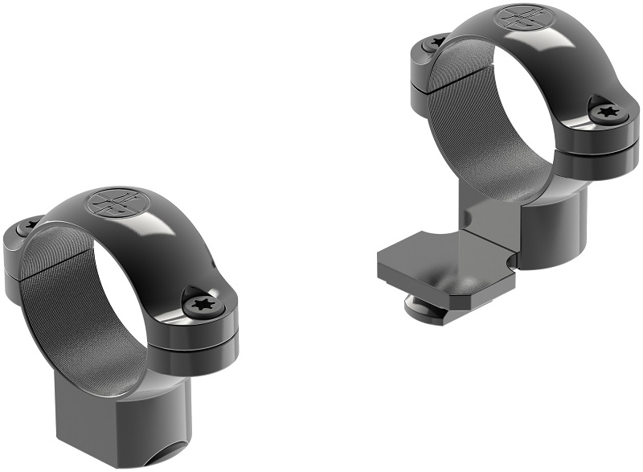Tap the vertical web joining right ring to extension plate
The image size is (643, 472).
click(490, 225)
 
